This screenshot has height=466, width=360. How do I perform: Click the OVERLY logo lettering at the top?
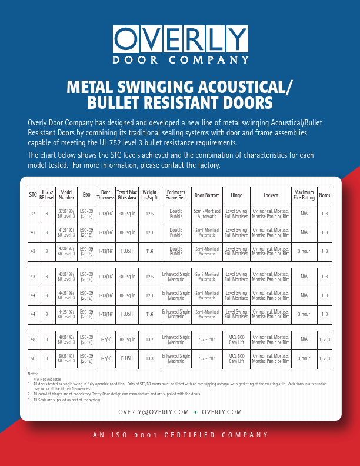180,39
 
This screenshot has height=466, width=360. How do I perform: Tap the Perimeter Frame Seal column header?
176,195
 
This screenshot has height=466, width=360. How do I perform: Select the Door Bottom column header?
207,195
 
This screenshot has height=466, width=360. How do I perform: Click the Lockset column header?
271,195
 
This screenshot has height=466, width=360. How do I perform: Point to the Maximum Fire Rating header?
304,195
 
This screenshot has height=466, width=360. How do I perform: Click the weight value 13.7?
149,339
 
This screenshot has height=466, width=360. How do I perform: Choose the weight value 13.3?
149,358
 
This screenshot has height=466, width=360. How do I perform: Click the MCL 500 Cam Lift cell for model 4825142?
236,339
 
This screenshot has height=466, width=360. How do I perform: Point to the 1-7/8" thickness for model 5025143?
106,358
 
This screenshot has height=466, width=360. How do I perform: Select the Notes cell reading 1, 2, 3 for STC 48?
324,339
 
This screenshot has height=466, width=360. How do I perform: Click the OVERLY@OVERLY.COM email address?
154,411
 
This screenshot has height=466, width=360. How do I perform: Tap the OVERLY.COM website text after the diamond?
222,411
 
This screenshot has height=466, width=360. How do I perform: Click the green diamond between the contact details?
195,411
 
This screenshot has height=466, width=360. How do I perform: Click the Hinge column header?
236,195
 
